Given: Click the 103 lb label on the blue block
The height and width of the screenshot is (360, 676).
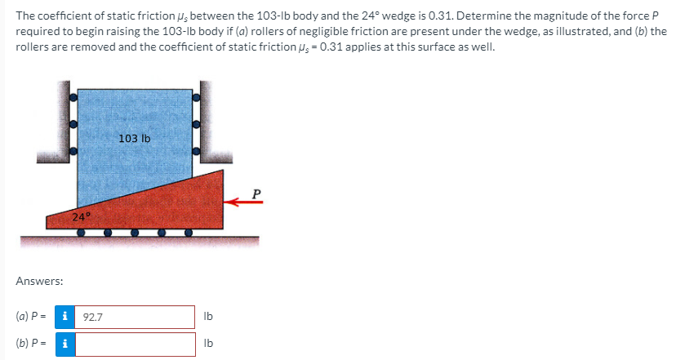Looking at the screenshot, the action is pyautogui.click(x=135, y=139).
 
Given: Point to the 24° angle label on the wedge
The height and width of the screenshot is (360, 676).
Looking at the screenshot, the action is pyautogui.click(x=82, y=216).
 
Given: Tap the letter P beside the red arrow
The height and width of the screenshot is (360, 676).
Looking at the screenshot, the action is pyautogui.click(x=256, y=194).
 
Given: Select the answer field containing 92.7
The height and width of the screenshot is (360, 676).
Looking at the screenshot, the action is pyautogui.click(x=135, y=318).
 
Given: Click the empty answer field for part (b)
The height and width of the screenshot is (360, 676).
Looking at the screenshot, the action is pyautogui.click(x=135, y=344).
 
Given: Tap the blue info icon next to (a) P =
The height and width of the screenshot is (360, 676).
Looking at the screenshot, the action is pyautogui.click(x=64, y=317).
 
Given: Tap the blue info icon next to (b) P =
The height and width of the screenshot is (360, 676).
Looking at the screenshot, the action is pyautogui.click(x=65, y=344).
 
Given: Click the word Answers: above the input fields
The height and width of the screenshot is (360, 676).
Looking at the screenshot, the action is pyautogui.click(x=39, y=281).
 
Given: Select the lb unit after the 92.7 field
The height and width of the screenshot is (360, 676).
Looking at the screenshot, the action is pyautogui.click(x=208, y=317).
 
